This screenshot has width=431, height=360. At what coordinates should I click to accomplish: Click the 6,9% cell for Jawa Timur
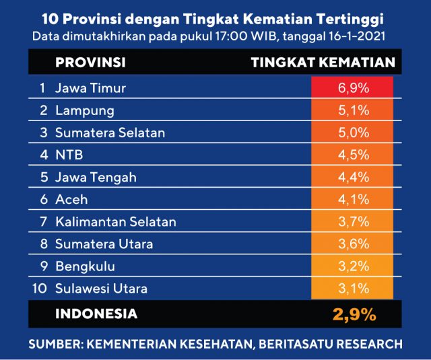[x=352, y=88]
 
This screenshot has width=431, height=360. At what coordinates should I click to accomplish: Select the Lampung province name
[x=85, y=110]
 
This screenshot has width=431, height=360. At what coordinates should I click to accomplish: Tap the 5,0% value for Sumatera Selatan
[x=352, y=133]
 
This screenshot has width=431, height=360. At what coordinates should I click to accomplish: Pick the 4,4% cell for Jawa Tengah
[x=352, y=177]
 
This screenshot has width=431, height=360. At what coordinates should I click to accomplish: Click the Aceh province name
[x=71, y=200]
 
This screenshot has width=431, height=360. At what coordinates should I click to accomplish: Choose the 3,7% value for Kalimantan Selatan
[x=352, y=221]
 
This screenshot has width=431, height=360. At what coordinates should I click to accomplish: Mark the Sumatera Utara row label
[x=104, y=244]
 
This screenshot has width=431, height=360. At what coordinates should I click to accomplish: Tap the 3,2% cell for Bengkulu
[x=352, y=266]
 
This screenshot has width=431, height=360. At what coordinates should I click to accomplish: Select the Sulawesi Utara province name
[x=101, y=289]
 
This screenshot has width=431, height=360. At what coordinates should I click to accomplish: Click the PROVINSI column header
[x=90, y=63]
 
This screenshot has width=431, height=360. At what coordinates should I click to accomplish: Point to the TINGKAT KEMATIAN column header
[x=322, y=63]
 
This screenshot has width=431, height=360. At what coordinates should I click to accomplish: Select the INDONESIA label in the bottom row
[x=96, y=314]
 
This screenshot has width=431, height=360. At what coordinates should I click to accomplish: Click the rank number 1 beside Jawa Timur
[x=42, y=88]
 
